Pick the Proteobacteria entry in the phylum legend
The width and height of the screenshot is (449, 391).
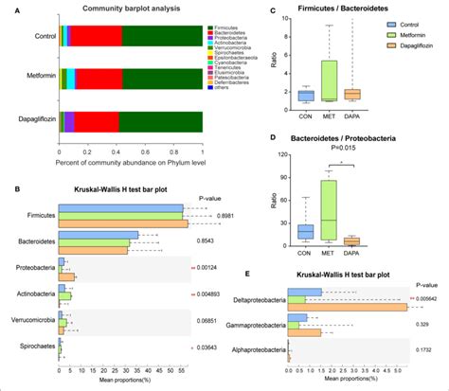(x=230, y=44)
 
